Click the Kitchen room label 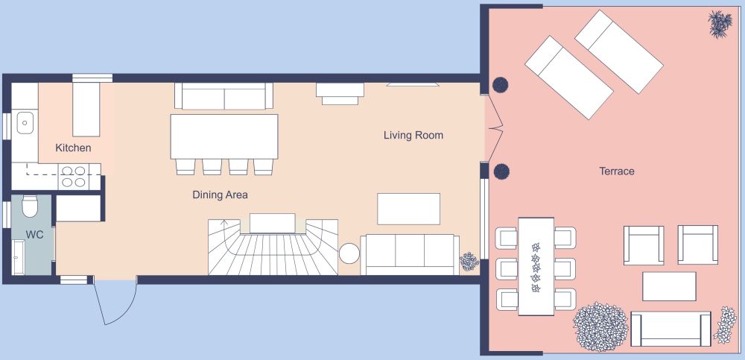(73, 148)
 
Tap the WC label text (34, 234)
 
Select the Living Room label (413, 136)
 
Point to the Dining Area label (220, 195)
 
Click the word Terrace (617, 171)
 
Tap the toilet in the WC (30, 206)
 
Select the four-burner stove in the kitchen (73, 176)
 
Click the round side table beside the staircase (350, 254)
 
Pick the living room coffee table (408, 209)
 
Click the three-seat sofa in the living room (409, 254)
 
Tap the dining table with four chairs (223, 136)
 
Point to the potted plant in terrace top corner (719, 24)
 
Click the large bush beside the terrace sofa (600, 326)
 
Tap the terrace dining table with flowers (536, 265)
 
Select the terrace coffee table (669, 286)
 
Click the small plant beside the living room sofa (469, 262)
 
